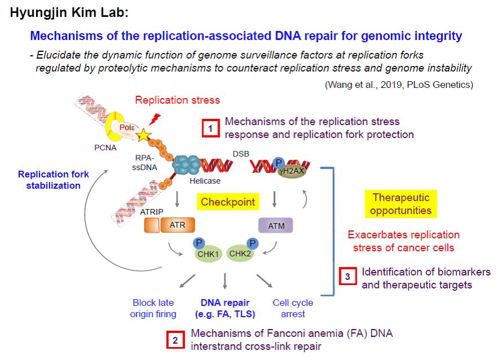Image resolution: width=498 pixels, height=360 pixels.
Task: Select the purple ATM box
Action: tap(276, 226)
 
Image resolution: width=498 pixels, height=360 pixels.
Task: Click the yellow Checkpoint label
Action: tap(228, 202)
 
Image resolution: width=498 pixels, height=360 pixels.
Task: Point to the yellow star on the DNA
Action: tap(144, 135)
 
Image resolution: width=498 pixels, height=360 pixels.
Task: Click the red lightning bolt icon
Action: tap(155, 120)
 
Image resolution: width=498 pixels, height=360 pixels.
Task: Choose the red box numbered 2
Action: tap(175, 340)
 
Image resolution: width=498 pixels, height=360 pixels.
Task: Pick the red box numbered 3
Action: tap(348, 277)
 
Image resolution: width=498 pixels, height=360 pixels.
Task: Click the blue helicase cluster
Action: tap(187, 166)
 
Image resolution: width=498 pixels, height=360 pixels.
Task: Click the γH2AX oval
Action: tap(291, 171)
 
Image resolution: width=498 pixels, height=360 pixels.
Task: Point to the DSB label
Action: tap(241, 153)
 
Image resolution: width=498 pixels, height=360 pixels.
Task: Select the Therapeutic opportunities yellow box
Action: tap(401, 204)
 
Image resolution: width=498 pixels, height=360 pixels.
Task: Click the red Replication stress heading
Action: tap(177, 100)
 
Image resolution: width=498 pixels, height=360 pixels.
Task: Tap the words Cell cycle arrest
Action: tap(292, 308)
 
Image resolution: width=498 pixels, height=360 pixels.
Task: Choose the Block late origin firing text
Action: tap(153, 308)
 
